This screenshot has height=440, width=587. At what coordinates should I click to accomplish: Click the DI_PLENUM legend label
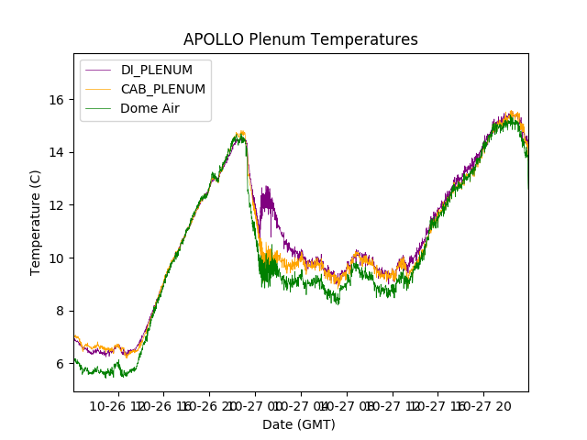point(157,70)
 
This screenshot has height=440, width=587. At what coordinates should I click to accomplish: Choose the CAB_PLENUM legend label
point(163,89)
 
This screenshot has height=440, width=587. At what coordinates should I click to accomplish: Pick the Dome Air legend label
point(151,108)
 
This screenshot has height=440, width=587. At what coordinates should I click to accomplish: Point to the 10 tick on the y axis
point(59,258)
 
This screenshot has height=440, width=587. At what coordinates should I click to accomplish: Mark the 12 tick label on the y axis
point(59,204)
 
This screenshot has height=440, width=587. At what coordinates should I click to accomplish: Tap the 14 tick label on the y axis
point(59,152)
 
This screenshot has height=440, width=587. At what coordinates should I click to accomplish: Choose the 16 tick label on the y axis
point(59,99)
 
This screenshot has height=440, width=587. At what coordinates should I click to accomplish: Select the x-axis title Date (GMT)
point(299,424)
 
